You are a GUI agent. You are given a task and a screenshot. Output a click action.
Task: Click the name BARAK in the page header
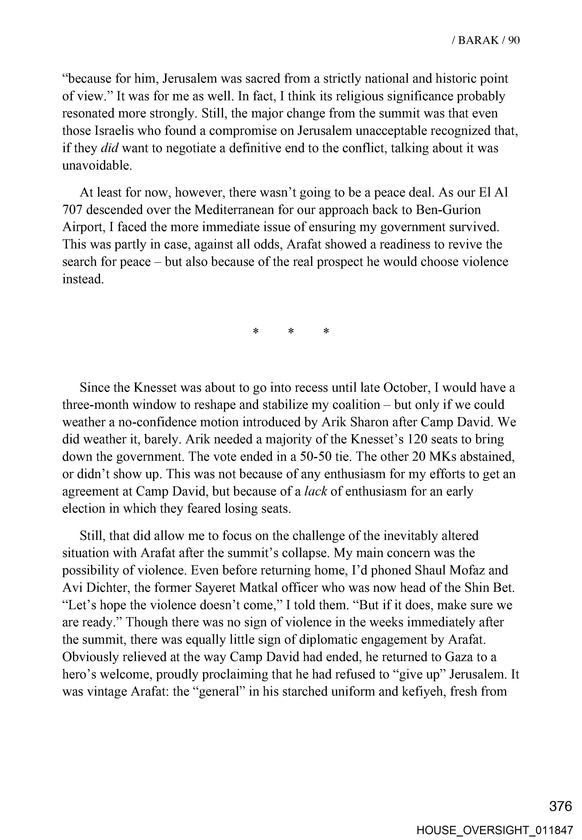pyautogui.click(x=478, y=40)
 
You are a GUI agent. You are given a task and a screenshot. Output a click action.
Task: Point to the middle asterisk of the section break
pyautogui.click(x=291, y=332)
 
